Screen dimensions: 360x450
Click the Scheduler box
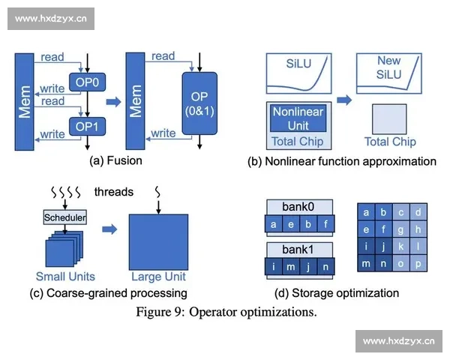65,217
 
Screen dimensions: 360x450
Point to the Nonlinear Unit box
298,118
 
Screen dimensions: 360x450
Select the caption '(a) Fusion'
115,160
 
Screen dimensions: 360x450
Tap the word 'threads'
114,192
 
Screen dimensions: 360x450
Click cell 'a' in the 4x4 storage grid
366,212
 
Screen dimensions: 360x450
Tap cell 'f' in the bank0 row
325,223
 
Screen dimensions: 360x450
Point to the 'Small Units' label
66,275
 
